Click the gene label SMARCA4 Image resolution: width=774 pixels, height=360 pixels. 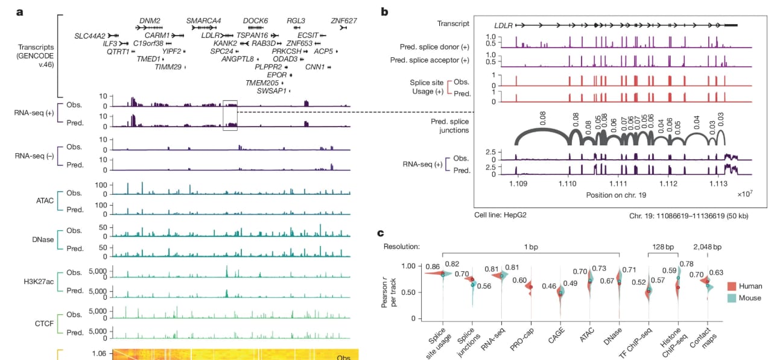pyautogui.click(x=203, y=21)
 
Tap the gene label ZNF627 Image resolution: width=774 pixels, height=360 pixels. pyautogui.click(x=344, y=21)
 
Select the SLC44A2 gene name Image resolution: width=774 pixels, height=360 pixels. pyautogui.click(x=90, y=36)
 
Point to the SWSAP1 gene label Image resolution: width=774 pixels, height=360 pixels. pyautogui.click(x=272, y=90)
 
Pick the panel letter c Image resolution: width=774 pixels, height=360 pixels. pyautogui.click(x=381, y=233)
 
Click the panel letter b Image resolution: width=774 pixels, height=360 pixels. pyautogui.click(x=385, y=11)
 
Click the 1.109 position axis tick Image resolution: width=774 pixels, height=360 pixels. pyautogui.click(x=517, y=183)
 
